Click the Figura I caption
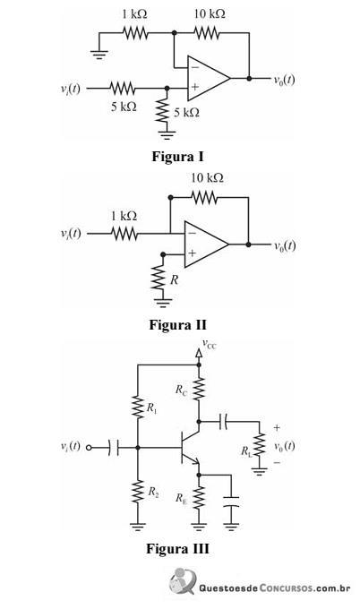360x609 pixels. (177, 157)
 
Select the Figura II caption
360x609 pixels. (177, 325)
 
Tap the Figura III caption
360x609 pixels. (177, 549)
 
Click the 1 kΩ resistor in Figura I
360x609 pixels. (135, 32)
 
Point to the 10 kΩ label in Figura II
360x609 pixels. (207, 178)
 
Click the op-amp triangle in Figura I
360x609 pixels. (209, 78)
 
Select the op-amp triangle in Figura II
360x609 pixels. (207, 244)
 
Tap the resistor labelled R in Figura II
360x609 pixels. (158, 277)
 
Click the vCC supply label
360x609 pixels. (209, 344)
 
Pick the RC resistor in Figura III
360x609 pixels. (199, 389)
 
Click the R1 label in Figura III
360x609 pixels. (152, 407)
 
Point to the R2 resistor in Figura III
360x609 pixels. (138, 492)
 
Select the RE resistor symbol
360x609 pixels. (199, 496)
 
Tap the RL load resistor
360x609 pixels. (259, 445)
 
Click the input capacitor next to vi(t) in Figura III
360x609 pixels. (114, 448)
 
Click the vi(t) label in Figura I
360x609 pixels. (70, 88)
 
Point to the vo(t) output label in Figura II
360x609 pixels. (285, 246)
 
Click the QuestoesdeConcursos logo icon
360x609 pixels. (183, 581)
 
